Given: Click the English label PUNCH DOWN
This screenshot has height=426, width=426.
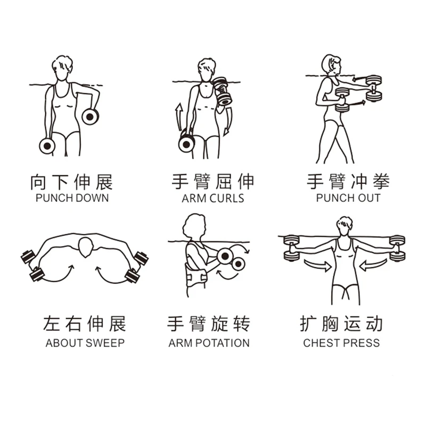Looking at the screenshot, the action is pyautogui.click(x=72, y=198).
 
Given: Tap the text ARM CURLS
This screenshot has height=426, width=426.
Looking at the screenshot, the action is pyautogui.click(x=212, y=198).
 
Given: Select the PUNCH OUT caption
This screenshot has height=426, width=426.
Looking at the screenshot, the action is pyautogui.click(x=348, y=198).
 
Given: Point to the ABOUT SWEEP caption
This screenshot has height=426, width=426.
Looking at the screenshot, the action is pyautogui.click(x=85, y=343).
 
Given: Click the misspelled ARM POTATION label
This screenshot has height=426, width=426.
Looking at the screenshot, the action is pyautogui.click(x=209, y=343).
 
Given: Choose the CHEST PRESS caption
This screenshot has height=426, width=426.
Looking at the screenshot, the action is pyautogui.click(x=341, y=343).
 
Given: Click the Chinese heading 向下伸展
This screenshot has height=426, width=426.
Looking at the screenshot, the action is pyautogui.click(x=71, y=182).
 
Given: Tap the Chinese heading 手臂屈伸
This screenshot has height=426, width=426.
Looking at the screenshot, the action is pyautogui.click(x=213, y=182).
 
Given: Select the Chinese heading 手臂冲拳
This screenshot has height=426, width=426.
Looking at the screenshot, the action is pyautogui.click(x=348, y=182).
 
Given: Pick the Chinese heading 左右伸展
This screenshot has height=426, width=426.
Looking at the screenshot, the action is pyautogui.click(x=85, y=324).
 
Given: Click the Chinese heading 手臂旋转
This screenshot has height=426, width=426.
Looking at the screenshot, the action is pyautogui.click(x=209, y=324).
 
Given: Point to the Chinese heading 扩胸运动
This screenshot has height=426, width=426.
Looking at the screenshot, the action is pyautogui.click(x=341, y=324).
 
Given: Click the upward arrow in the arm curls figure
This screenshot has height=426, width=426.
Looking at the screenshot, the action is pyautogui.click(x=178, y=117).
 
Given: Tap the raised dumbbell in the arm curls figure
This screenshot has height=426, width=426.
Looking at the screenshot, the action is pyautogui.click(x=223, y=91).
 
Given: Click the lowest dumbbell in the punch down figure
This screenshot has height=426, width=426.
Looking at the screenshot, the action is pyautogui.click(x=47, y=146).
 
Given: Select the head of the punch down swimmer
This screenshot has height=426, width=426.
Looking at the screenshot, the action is pyautogui.click(x=62, y=68).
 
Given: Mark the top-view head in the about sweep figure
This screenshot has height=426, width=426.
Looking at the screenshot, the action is pyautogui.click(x=86, y=247).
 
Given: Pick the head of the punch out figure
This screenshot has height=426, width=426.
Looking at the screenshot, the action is pyautogui.click(x=331, y=64).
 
